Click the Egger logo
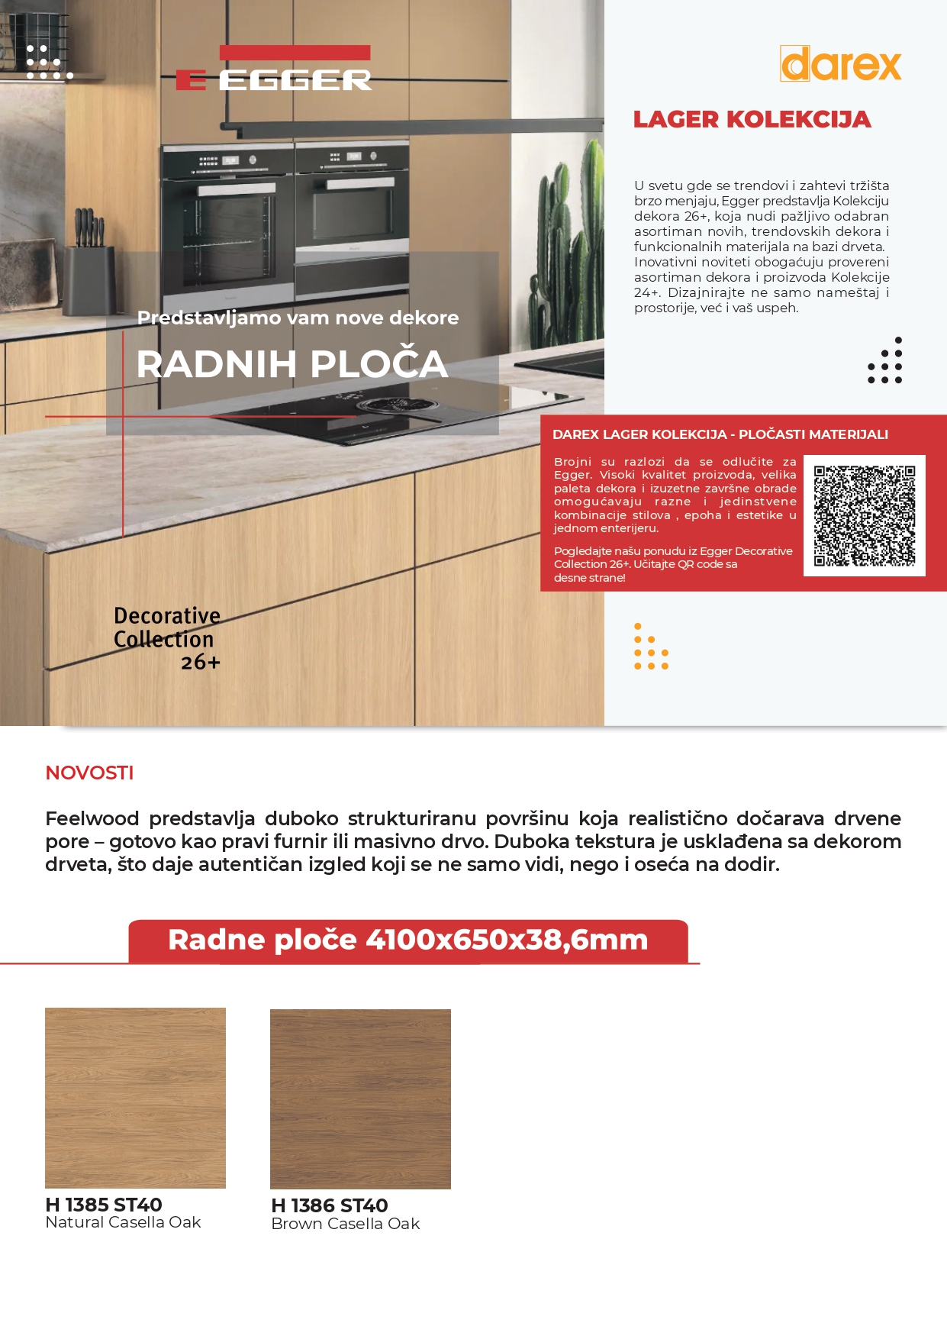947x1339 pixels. click(x=273, y=69)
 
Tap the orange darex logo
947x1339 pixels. click(x=840, y=64)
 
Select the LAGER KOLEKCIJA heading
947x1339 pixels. click(x=752, y=120)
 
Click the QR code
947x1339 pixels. click(x=864, y=515)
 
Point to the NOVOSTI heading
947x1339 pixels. click(x=89, y=773)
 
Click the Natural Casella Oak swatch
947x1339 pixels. click(x=135, y=1097)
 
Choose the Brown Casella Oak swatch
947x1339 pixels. click(x=360, y=1099)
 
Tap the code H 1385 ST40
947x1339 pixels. click(x=104, y=1204)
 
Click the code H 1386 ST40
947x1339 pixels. click(x=330, y=1205)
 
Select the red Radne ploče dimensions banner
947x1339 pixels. click(x=408, y=941)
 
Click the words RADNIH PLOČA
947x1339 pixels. click(x=292, y=364)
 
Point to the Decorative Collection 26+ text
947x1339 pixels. click(x=167, y=638)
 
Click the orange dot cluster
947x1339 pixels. click(x=650, y=647)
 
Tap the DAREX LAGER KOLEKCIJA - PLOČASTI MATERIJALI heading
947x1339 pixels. click(x=720, y=434)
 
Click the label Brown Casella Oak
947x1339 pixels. click(x=346, y=1224)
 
